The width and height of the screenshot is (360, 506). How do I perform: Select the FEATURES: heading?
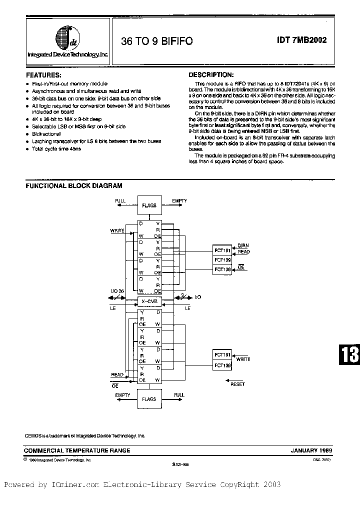[x=43, y=74]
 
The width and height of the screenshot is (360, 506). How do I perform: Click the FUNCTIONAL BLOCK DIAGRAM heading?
[x=74, y=185]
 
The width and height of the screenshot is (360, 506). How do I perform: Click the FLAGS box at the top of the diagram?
[x=149, y=205]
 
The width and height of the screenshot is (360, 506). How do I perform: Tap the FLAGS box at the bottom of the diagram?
[x=149, y=399]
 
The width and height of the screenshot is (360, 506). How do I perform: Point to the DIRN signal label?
[x=243, y=245]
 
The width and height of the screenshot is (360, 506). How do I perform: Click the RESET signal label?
[x=237, y=384]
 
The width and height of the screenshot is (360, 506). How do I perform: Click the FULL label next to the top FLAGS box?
[x=120, y=201]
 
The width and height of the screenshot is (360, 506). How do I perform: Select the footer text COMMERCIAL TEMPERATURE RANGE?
[x=78, y=450]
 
